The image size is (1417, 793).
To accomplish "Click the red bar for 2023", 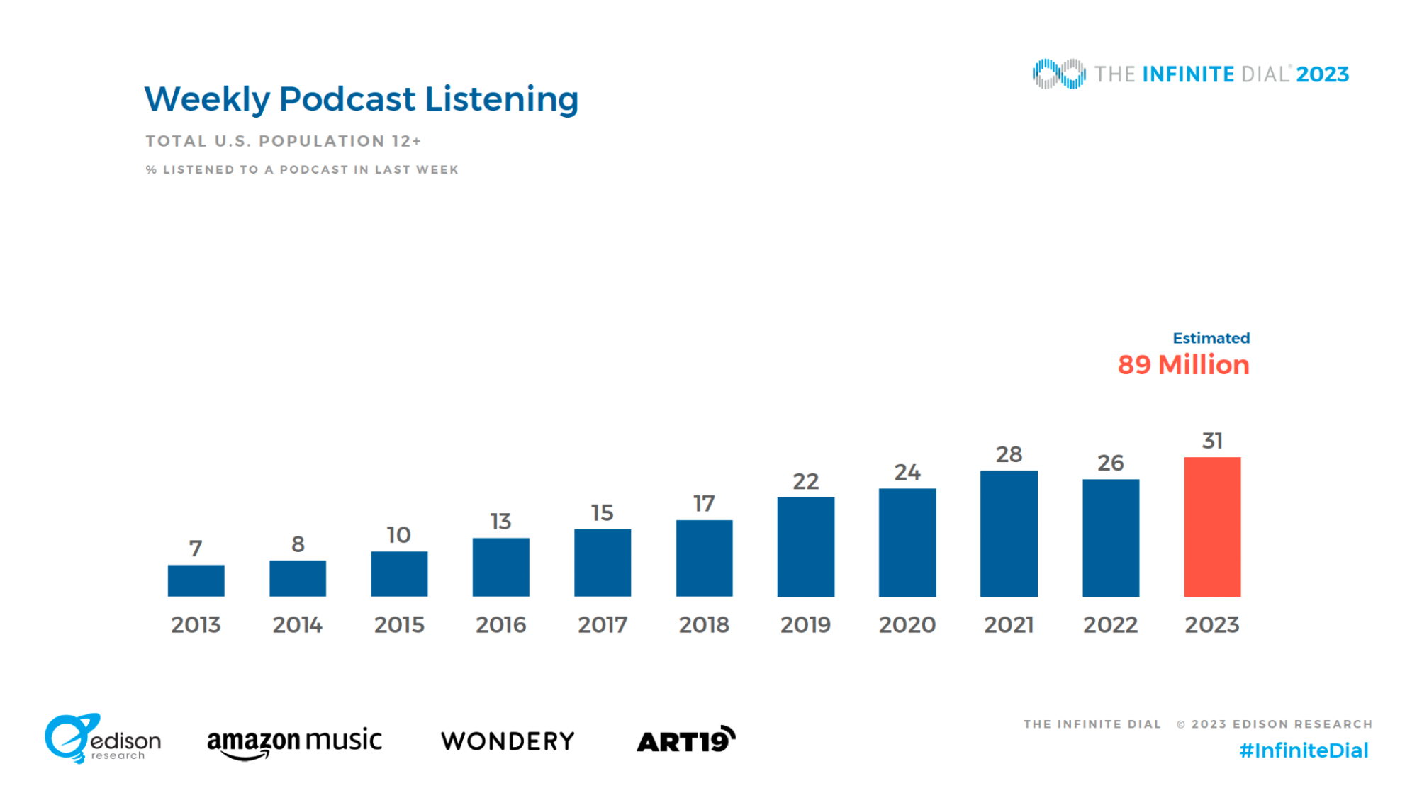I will pyautogui.click(x=1212, y=527).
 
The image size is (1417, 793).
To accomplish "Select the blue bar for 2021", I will pyautogui.click(x=1009, y=534).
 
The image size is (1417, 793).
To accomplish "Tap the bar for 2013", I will pyautogui.click(x=196, y=580).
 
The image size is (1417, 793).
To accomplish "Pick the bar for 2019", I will pyautogui.click(x=805, y=546).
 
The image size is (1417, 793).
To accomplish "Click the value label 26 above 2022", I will pyautogui.click(x=1110, y=463).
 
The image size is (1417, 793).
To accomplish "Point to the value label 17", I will pyautogui.click(x=703, y=503).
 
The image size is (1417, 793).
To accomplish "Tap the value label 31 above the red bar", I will pyautogui.click(x=1212, y=441).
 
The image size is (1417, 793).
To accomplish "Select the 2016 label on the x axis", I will pyautogui.click(x=500, y=624).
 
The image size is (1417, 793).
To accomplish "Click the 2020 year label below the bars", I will pyautogui.click(x=907, y=624).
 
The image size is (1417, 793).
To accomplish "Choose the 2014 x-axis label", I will pyautogui.click(x=297, y=624).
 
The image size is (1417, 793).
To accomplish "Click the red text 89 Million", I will pyautogui.click(x=1183, y=365).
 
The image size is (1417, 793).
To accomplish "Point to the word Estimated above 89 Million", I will pyautogui.click(x=1211, y=338).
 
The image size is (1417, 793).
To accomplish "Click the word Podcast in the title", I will pyautogui.click(x=347, y=99).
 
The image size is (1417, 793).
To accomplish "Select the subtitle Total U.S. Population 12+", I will pyautogui.click(x=283, y=141).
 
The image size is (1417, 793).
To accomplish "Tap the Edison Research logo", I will pyautogui.click(x=103, y=738).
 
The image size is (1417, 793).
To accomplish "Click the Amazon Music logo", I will pyautogui.click(x=294, y=742).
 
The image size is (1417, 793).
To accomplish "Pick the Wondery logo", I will pyautogui.click(x=508, y=741).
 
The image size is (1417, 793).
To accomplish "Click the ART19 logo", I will pyautogui.click(x=685, y=740).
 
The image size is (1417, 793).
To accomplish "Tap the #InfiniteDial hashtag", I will pyautogui.click(x=1303, y=750).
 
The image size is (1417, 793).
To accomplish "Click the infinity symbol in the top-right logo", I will pyautogui.click(x=1058, y=74).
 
